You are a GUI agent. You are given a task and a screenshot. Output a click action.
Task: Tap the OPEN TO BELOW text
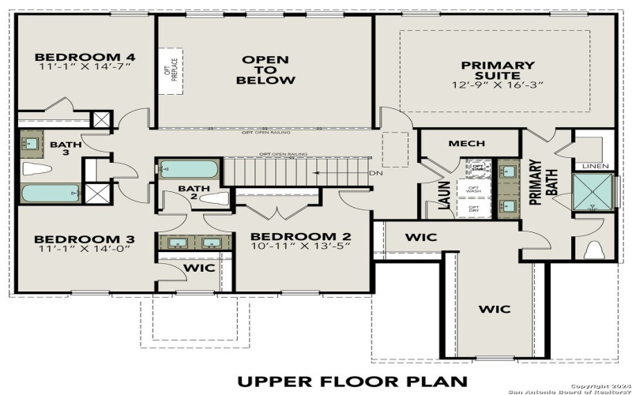click(x=265, y=70)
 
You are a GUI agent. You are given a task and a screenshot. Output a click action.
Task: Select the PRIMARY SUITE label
click(x=498, y=70)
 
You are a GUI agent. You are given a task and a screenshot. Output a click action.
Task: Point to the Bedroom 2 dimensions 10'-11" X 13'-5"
click(x=301, y=246)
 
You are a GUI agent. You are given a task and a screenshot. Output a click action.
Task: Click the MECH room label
click(x=466, y=143)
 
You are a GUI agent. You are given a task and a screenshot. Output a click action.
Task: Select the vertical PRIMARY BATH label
click(x=535, y=182)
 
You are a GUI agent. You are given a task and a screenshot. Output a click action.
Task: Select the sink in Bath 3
click(x=32, y=143)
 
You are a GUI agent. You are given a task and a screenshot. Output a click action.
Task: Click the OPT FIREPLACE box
click(x=168, y=70)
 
